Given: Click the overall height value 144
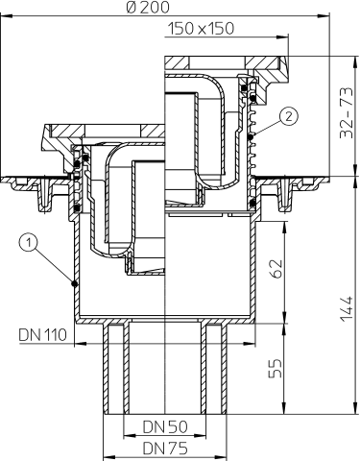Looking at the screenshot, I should click(x=347, y=307).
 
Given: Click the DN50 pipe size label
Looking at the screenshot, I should click(x=165, y=425).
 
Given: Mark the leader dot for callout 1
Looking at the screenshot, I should click(x=74, y=281).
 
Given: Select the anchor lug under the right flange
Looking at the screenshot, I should click(x=285, y=198).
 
